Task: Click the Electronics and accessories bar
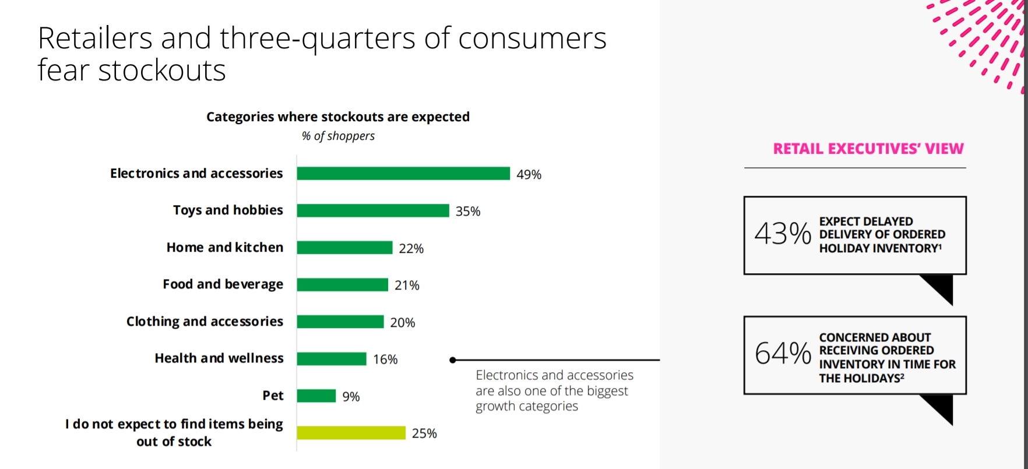(x=403, y=174)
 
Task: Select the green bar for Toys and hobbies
(x=373, y=210)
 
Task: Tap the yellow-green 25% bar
(x=351, y=433)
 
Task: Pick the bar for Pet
(x=316, y=396)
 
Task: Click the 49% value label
(x=529, y=174)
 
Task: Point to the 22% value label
(x=411, y=248)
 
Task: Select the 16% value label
(x=385, y=359)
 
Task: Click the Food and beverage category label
(x=223, y=284)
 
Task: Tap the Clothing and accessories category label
(x=205, y=322)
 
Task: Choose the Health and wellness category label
(x=219, y=358)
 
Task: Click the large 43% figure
(x=782, y=234)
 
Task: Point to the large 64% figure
(x=782, y=354)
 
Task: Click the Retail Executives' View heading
(x=868, y=149)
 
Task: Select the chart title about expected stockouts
(x=338, y=117)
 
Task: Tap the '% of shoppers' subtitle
(x=338, y=136)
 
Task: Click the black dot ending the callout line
(x=453, y=360)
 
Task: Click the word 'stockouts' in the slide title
(x=162, y=71)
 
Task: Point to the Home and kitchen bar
(x=344, y=248)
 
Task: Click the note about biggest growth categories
(x=554, y=390)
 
